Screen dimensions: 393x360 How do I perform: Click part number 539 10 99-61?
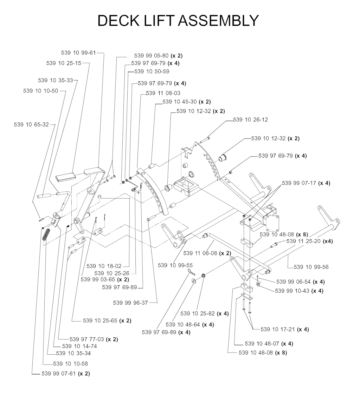pos(78,53)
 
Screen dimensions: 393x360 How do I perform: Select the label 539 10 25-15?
pos(64,63)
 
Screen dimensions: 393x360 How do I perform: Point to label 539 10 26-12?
pos(250,120)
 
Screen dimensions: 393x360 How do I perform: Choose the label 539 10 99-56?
pos(311,267)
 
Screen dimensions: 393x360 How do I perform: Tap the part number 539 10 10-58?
pos(70,363)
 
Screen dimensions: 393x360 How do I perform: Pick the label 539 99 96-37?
pos(130,302)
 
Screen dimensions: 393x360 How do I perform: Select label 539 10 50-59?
pos(152,71)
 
